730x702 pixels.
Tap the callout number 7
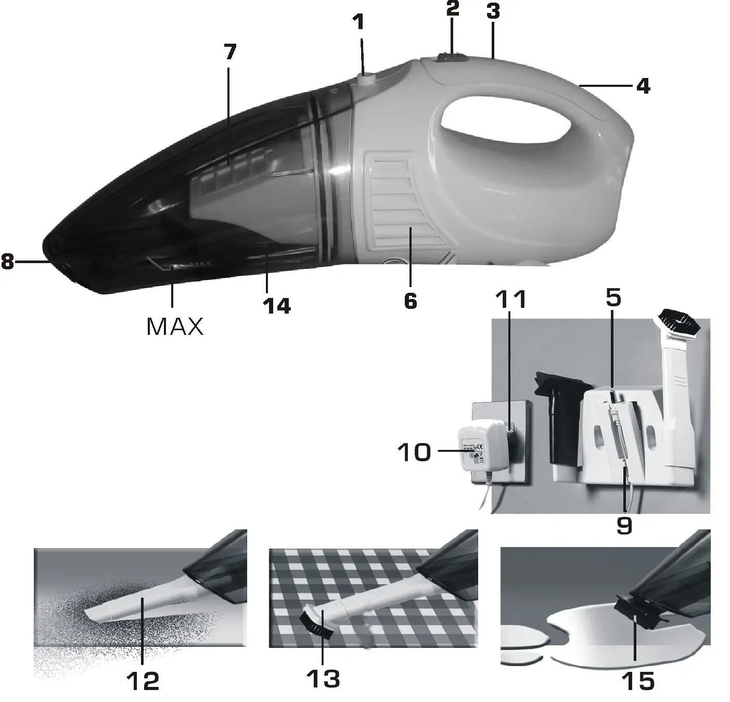pos(229,52)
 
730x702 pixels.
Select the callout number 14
pos(277,306)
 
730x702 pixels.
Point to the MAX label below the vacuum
pos(175,326)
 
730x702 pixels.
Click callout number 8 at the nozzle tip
pos(7,262)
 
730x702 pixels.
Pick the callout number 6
pos(411,301)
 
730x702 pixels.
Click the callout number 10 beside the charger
pos(415,452)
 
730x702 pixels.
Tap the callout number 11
pos(510,300)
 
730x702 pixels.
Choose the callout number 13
pos(324,679)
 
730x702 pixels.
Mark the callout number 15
pos(638,680)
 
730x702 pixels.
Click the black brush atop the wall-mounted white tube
pos(679,320)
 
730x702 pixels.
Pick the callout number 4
pos(643,86)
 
